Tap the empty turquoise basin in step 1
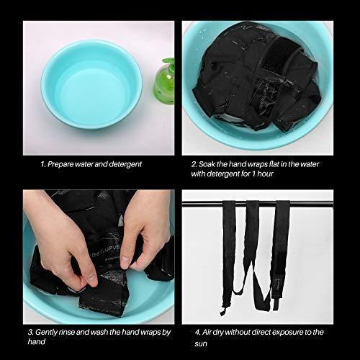pyautogui.click(x=91, y=84)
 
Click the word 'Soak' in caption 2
pyautogui.click(x=207, y=164)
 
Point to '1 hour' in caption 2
pyautogui.click(x=262, y=174)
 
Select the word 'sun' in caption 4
pyautogui.click(x=201, y=343)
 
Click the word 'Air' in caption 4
pyautogui.click(x=207, y=333)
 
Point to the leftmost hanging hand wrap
pyautogui.click(x=228, y=254)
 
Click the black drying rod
pyautogui.click(x=258, y=204)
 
